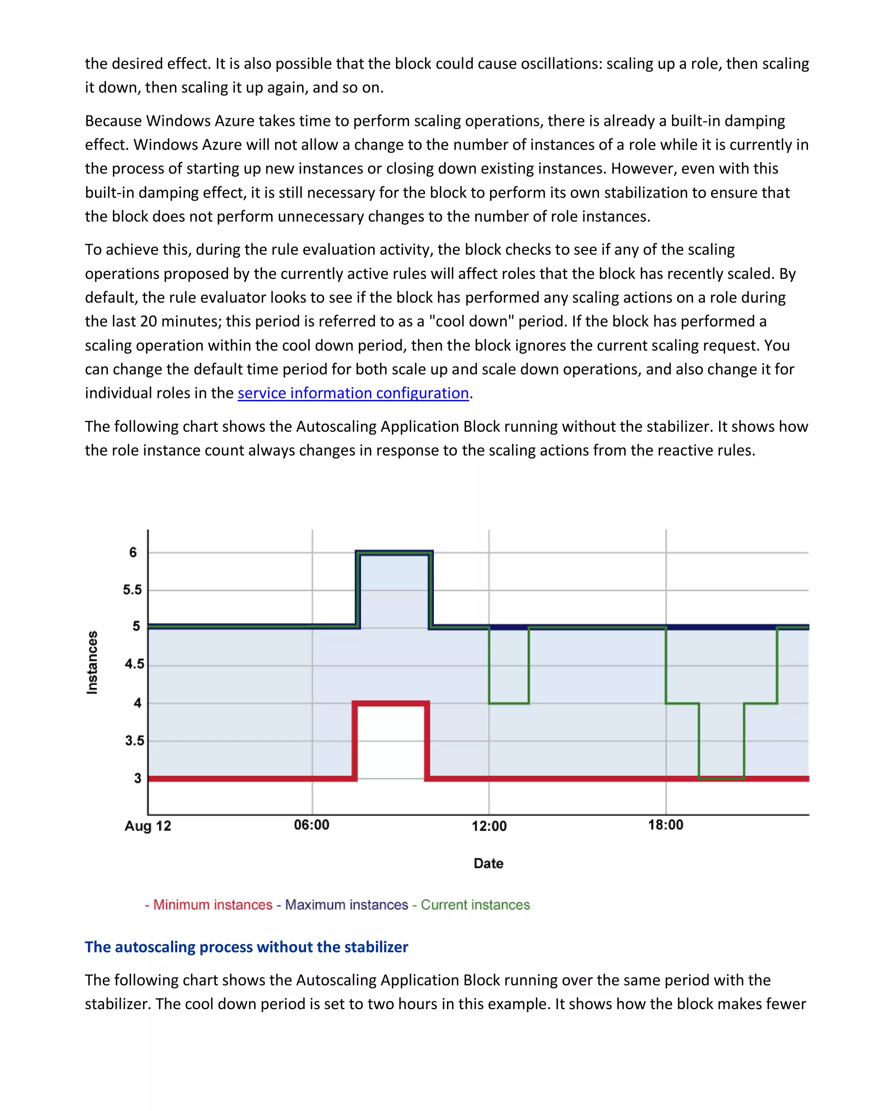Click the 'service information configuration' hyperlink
353,393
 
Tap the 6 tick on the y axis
133,552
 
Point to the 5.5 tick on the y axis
132,590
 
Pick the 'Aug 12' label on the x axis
147,826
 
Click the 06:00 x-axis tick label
311,825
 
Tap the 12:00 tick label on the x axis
489,826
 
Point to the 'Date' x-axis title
488,864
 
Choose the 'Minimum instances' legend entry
212,905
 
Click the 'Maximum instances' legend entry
347,905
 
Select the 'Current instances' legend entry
475,905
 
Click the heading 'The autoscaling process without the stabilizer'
246,947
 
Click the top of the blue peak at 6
394,552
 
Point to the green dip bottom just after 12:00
509,703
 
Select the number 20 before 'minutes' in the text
149,322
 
